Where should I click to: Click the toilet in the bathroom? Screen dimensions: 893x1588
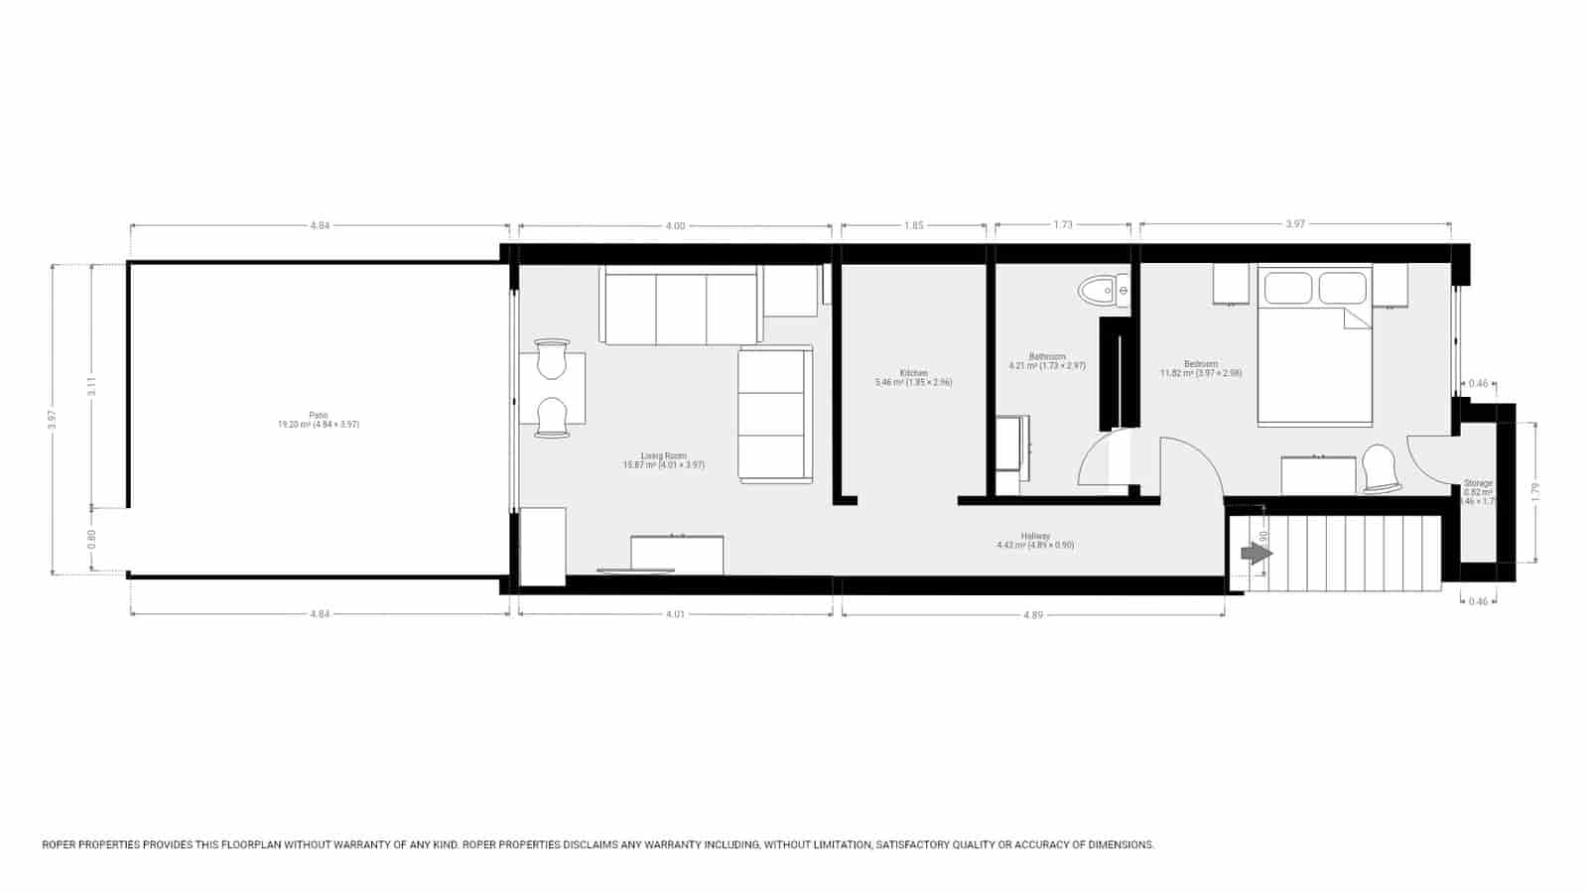[x=1103, y=291]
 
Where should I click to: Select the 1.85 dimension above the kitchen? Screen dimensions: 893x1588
[x=913, y=225]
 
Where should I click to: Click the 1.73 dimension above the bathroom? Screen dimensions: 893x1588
[x=1063, y=225]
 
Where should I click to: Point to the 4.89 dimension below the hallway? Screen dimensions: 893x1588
[x=1033, y=615]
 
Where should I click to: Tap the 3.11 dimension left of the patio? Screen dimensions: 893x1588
[x=91, y=386]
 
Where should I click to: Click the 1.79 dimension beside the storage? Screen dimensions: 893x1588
[x=1534, y=491]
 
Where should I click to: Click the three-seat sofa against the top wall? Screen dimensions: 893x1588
[x=681, y=308]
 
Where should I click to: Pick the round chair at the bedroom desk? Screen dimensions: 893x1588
[x=1379, y=467]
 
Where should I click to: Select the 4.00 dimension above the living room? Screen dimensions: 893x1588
[x=675, y=225]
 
